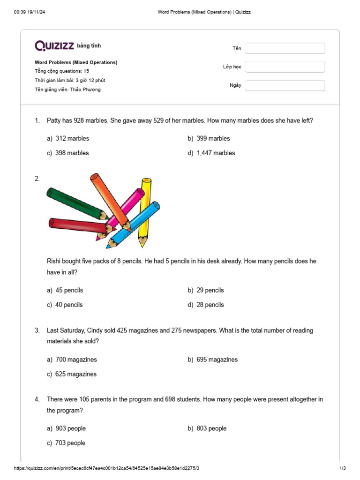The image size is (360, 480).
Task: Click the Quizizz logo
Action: click(54, 45)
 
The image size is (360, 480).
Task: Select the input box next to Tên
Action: click(285, 48)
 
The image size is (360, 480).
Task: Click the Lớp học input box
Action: click(285, 67)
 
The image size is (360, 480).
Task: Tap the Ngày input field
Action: click(285, 85)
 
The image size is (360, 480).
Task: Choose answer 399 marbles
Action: click(213, 138)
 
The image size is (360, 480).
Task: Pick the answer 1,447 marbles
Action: click(215, 153)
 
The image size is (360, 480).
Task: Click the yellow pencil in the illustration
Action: click(145, 206)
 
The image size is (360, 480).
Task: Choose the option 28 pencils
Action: click(210, 305)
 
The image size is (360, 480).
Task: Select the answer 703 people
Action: click(70, 443)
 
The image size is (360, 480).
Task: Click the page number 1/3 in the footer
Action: click(342, 469)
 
